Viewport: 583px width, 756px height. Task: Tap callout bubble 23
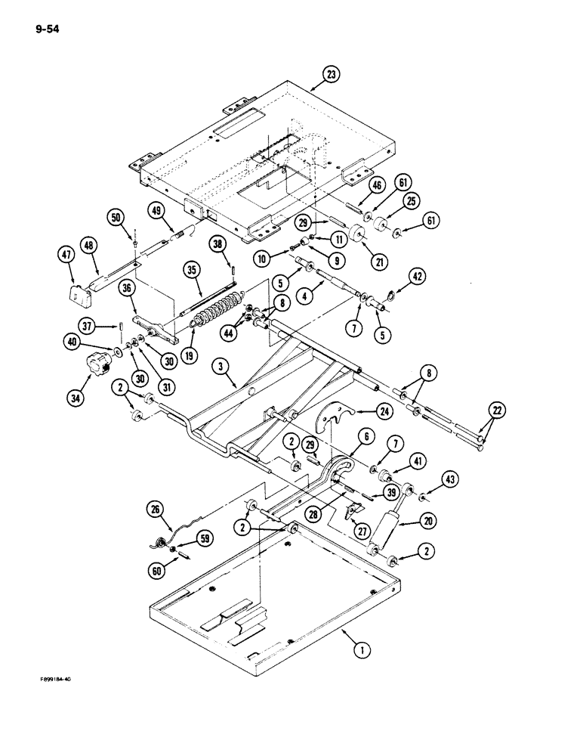pyautogui.click(x=331, y=74)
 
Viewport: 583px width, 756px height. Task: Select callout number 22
pyautogui.click(x=496, y=411)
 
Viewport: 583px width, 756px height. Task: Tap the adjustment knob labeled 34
pyautogui.click(x=99, y=361)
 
